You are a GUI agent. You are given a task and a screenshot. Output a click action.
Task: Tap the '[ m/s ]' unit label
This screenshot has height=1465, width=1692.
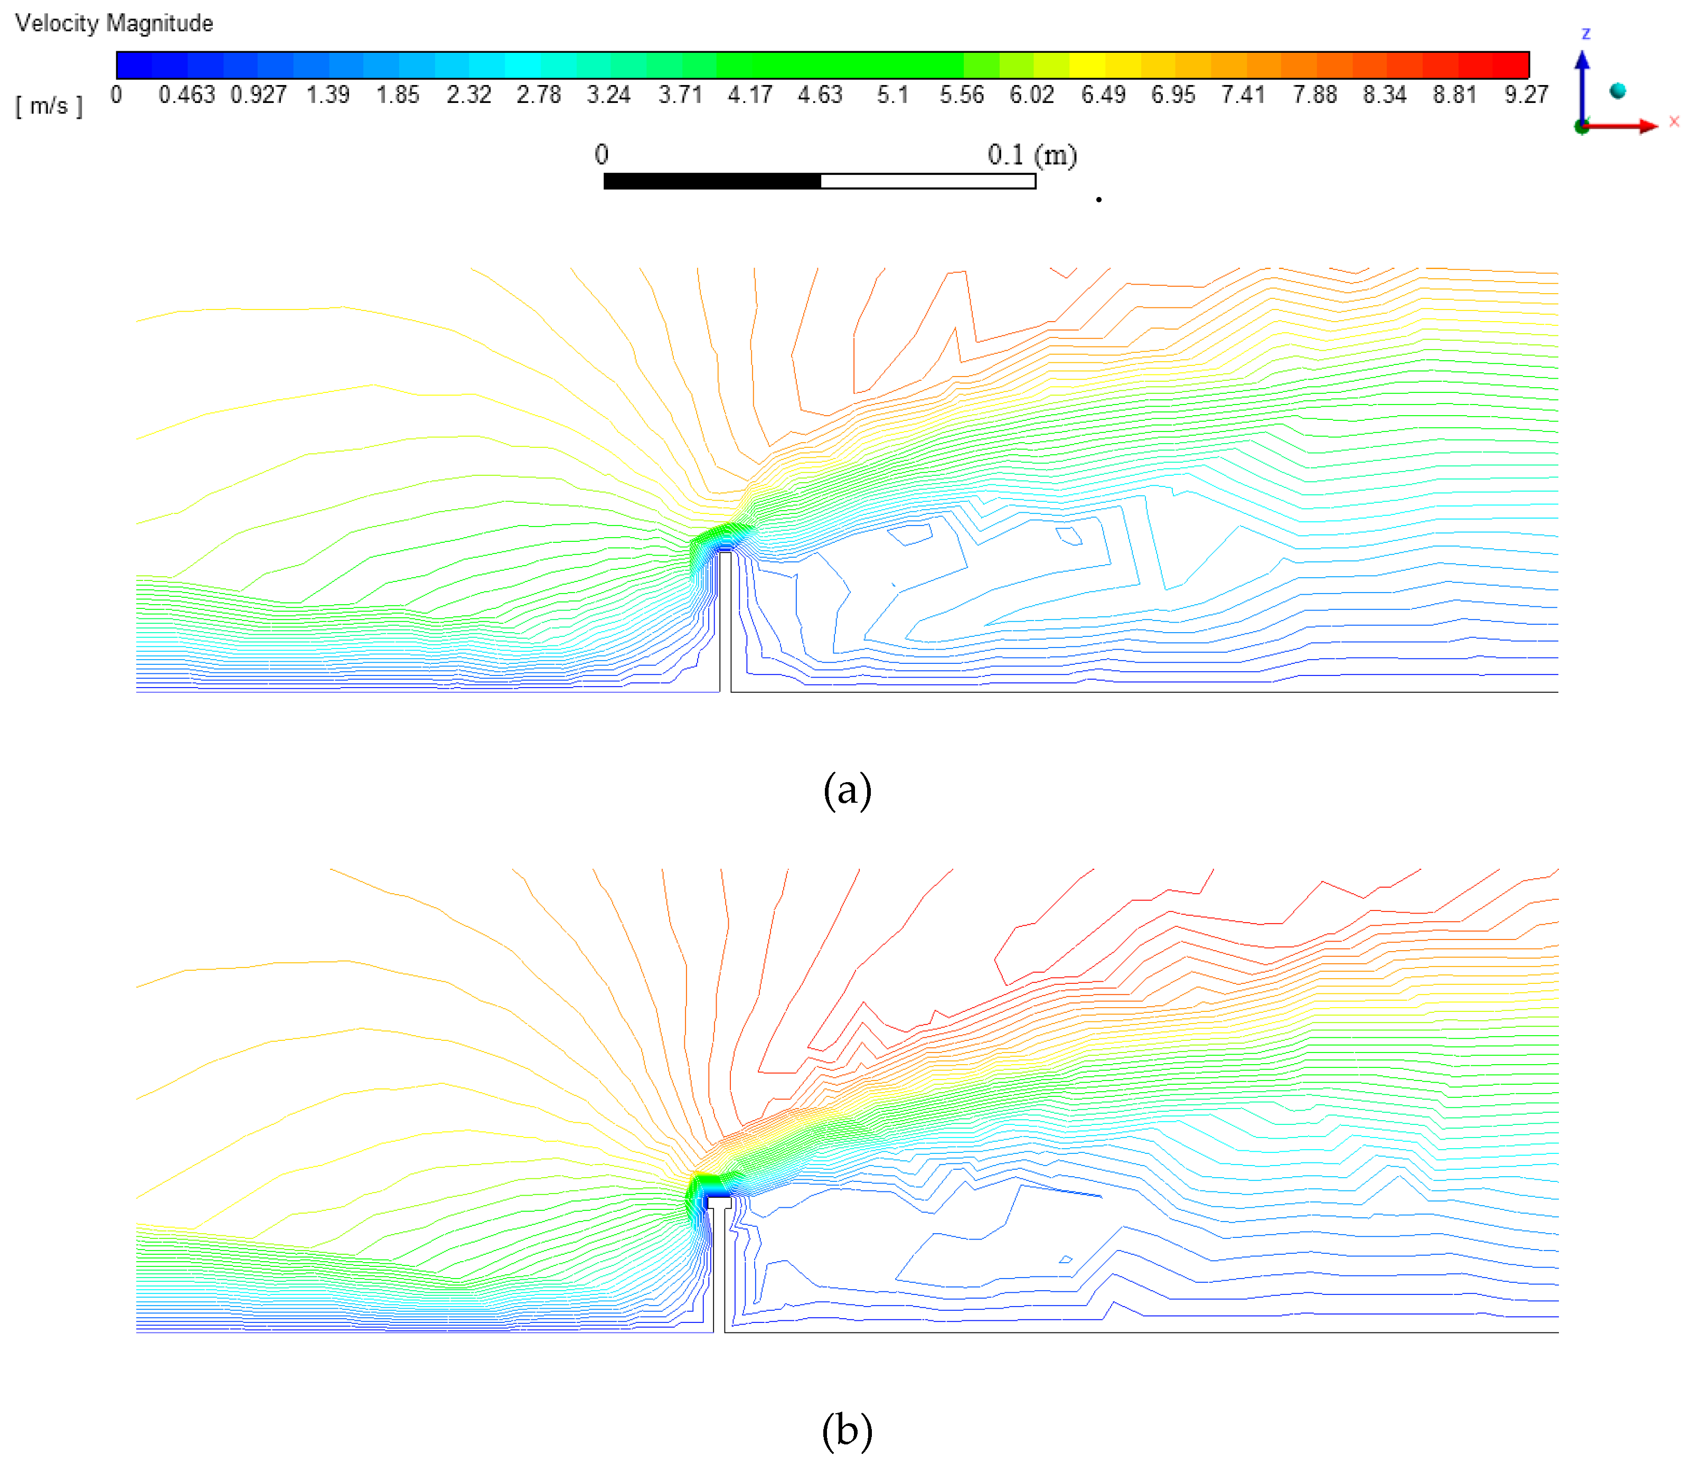click(49, 106)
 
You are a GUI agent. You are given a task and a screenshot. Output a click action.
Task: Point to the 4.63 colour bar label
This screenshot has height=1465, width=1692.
click(820, 95)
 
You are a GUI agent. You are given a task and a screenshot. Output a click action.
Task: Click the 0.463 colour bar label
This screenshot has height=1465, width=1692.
click(186, 95)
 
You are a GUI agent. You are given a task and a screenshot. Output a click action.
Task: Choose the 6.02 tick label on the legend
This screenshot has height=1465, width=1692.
click(1031, 95)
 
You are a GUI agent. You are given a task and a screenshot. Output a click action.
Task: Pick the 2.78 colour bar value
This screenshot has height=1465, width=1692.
click(539, 95)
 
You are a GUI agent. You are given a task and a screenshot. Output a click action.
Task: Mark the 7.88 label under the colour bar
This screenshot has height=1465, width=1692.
click(1314, 95)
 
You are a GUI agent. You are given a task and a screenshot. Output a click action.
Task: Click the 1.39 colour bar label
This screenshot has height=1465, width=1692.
click(328, 95)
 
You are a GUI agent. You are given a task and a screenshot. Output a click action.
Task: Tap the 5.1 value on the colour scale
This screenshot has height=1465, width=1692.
click(892, 95)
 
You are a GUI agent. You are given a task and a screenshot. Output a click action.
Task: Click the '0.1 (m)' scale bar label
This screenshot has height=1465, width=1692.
click(1031, 155)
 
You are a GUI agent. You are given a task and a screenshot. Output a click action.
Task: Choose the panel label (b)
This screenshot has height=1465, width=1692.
click(847, 1429)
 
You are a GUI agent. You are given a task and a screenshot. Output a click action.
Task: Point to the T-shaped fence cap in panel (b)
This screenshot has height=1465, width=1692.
click(719, 1203)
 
